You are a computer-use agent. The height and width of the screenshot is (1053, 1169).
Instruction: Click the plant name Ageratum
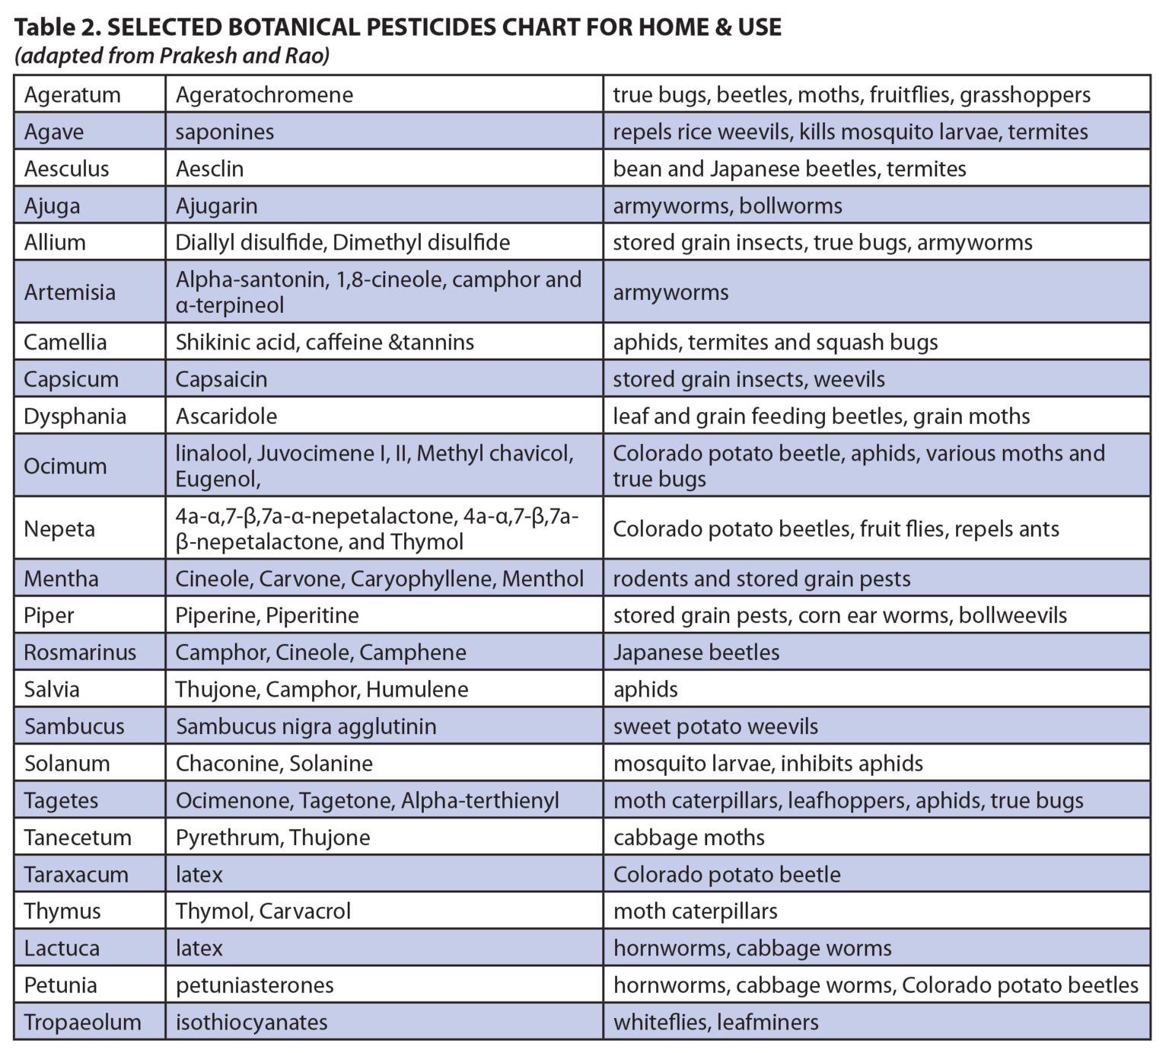[x=72, y=95]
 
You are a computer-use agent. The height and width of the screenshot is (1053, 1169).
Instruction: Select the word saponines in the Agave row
[x=225, y=132]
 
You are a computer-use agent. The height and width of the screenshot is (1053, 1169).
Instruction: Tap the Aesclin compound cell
[x=209, y=169]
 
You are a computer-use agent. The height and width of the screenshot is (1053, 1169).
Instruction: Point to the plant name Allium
[x=55, y=243]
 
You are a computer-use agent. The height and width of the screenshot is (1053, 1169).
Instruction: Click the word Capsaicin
[x=221, y=379]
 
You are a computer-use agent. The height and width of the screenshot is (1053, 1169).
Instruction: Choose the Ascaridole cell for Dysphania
[x=226, y=416]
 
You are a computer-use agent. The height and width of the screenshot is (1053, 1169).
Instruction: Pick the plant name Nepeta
[x=59, y=528]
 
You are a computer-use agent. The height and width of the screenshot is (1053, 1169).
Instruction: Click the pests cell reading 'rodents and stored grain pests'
[x=762, y=579]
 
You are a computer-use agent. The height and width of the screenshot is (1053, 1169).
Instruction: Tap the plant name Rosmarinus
[x=80, y=653]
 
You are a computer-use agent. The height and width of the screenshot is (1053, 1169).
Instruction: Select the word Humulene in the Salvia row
[x=417, y=690]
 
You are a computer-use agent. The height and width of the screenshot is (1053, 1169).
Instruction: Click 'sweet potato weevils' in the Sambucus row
[x=715, y=726]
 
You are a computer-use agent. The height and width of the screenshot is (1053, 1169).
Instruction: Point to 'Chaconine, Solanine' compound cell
[x=274, y=764]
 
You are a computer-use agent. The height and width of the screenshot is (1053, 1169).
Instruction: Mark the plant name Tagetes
[x=61, y=801]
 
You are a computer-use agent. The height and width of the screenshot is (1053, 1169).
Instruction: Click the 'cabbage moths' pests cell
[x=689, y=838]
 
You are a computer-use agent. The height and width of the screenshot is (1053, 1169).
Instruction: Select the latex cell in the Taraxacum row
[x=199, y=875]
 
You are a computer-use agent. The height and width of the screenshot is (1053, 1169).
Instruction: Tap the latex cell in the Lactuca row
[x=199, y=949]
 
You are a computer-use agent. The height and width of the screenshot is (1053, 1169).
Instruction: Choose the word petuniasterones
[x=255, y=985]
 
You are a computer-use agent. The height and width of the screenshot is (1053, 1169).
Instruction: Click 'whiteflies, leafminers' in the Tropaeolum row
[x=716, y=1022]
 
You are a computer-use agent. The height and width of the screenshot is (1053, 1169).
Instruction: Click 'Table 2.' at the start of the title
[x=56, y=27]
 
